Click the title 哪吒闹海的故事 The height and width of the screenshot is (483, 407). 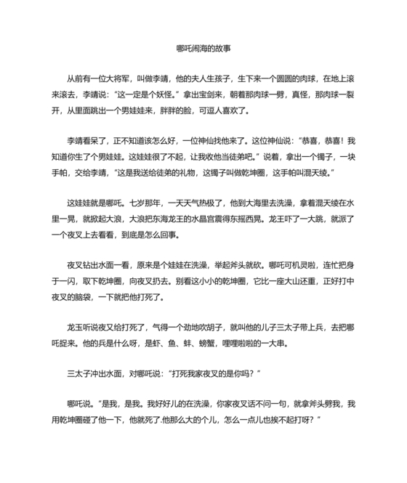coord(203,49)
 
